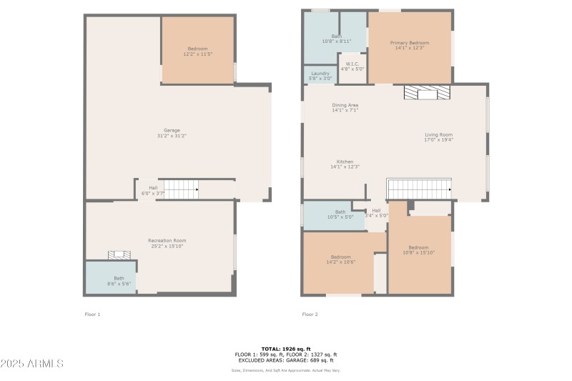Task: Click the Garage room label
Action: coord(172,133)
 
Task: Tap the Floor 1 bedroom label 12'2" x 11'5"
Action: coord(197,51)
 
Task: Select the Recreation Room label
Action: coord(167,243)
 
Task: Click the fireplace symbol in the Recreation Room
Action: coord(118,254)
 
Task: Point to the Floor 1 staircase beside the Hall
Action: coord(180,189)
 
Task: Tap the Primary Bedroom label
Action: coord(409,46)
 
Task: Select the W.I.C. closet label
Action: coord(352,66)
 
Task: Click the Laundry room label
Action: coord(320,75)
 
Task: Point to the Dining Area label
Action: coord(345,108)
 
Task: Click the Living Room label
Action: coord(438,137)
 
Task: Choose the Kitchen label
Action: coord(345,164)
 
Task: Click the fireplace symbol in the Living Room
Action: coord(426,93)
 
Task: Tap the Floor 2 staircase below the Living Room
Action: coord(419,189)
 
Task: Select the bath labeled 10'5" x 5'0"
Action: coord(340,214)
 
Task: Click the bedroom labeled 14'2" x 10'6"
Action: coord(340,259)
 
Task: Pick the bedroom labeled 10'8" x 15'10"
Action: coord(418,250)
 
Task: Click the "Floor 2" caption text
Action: coord(310,314)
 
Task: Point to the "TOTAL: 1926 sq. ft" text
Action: coord(285,349)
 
